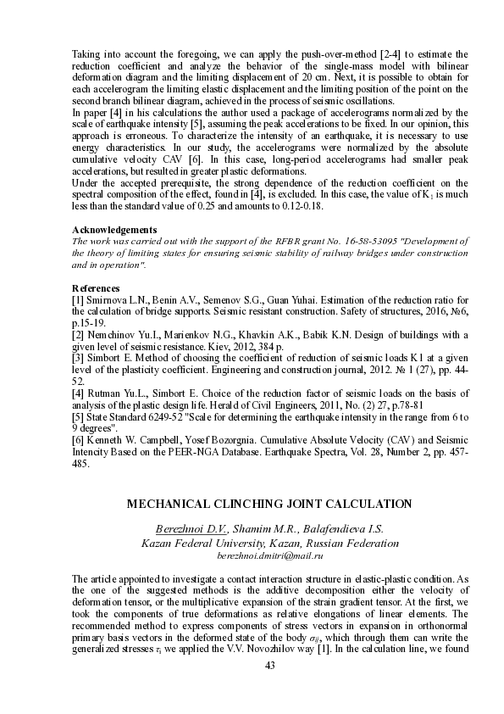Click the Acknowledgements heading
[x=114, y=230]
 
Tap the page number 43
[x=270, y=666]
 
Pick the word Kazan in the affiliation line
[x=158, y=542]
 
